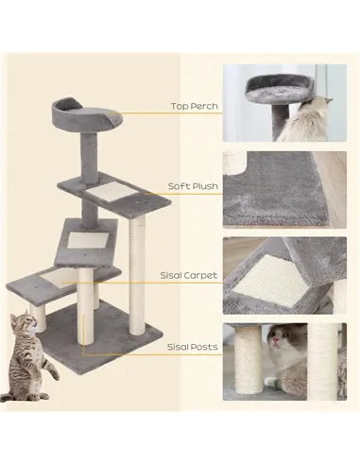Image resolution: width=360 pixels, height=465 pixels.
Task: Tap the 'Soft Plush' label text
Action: point(193,186)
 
